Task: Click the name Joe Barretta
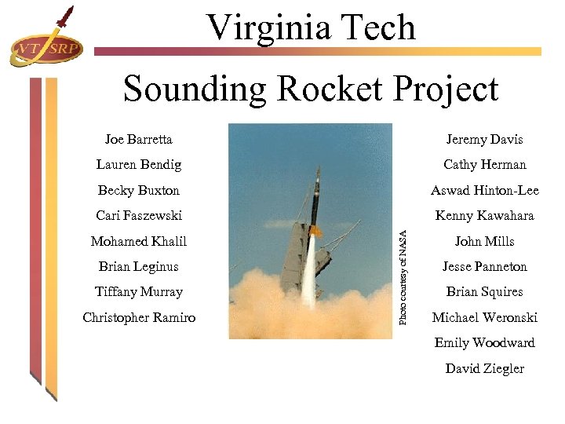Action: click(138, 139)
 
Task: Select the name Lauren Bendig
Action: click(138, 165)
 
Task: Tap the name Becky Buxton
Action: click(138, 190)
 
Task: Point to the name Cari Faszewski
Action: click(138, 215)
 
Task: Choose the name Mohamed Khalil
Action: click(138, 241)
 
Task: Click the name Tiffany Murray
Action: click(138, 291)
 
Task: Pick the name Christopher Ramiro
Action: click(138, 317)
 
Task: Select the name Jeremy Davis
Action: click(484, 139)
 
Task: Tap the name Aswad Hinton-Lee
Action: click(484, 190)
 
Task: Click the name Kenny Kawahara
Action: click(484, 215)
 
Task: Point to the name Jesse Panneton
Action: click(484, 266)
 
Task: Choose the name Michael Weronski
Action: click(484, 317)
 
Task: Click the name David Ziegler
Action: click(484, 368)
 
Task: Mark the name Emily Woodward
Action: click(484, 342)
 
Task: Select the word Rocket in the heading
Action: click(321, 89)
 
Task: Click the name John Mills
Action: click(484, 241)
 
